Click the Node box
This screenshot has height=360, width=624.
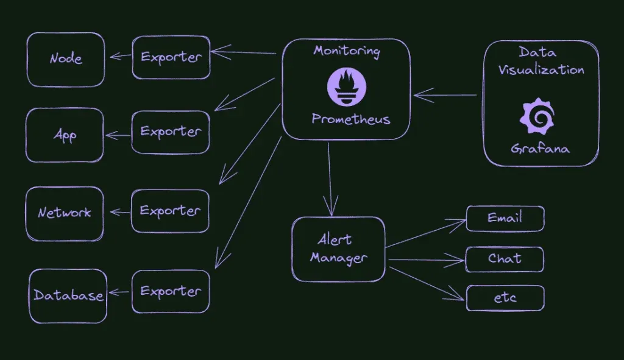click(66, 59)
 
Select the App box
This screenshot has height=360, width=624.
click(65, 135)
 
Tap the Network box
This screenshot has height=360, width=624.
click(65, 213)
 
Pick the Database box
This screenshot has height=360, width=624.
click(68, 295)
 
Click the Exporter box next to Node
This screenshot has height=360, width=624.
click(171, 57)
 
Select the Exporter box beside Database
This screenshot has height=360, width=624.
click(171, 291)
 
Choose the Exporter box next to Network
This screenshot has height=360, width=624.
click(170, 211)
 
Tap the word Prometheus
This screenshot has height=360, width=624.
click(350, 119)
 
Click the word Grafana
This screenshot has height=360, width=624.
click(541, 148)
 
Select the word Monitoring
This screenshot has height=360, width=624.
click(346, 51)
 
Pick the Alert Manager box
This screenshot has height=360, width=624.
click(339, 249)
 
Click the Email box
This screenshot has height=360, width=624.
click(505, 218)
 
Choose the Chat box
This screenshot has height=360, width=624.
click(505, 259)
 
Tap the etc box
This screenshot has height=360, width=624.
click(505, 298)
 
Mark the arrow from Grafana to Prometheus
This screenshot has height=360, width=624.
click(445, 95)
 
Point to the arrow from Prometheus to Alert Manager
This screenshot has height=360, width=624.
click(330, 177)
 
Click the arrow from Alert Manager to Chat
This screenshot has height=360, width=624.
click(427, 260)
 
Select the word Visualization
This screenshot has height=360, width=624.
click(541, 69)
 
